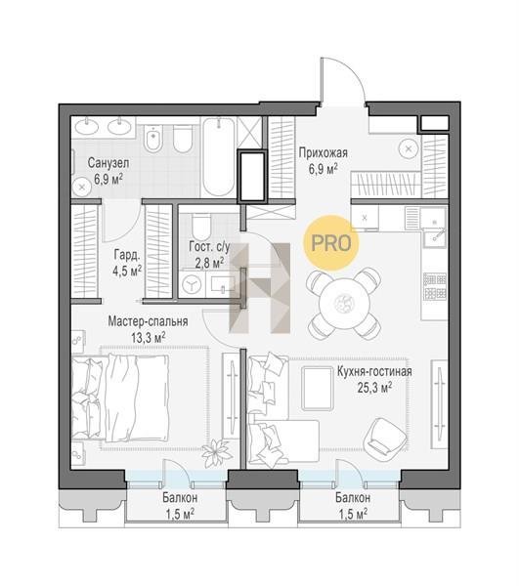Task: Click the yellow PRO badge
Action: (x=331, y=243)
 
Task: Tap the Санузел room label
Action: (x=108, y=163)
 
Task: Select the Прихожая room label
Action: (x=324, y=153)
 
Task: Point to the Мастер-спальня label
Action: (x=148, y=321)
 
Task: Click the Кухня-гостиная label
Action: (x=374, y=371)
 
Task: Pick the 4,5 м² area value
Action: (x=127, y=271)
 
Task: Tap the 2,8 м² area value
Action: (x=209, y=263)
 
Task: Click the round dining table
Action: (x=344, y=303)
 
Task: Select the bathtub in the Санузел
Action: (x=219, y=157)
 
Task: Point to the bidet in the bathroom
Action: (x=153, y=138)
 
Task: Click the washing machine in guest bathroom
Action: (x=192, y=285)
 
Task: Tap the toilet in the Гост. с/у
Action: (x=200, y=227)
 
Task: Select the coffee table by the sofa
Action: (x=317, y=388)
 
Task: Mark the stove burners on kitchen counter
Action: (x=435, y=286)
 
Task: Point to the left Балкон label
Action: (x=180, y=498)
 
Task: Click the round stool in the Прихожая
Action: (x=410, y=149)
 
